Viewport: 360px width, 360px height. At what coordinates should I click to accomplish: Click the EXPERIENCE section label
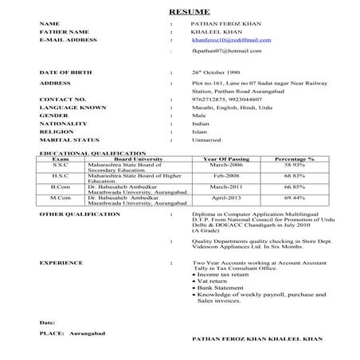pos(62,260)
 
